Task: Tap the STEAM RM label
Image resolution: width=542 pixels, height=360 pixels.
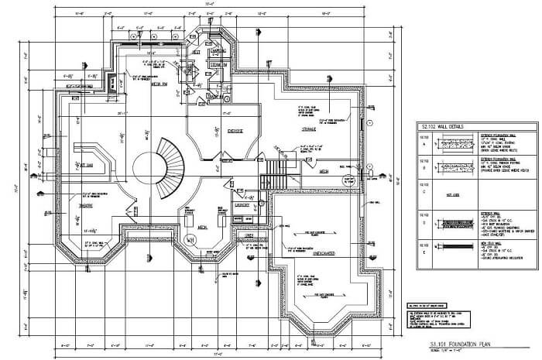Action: point(218,65)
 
